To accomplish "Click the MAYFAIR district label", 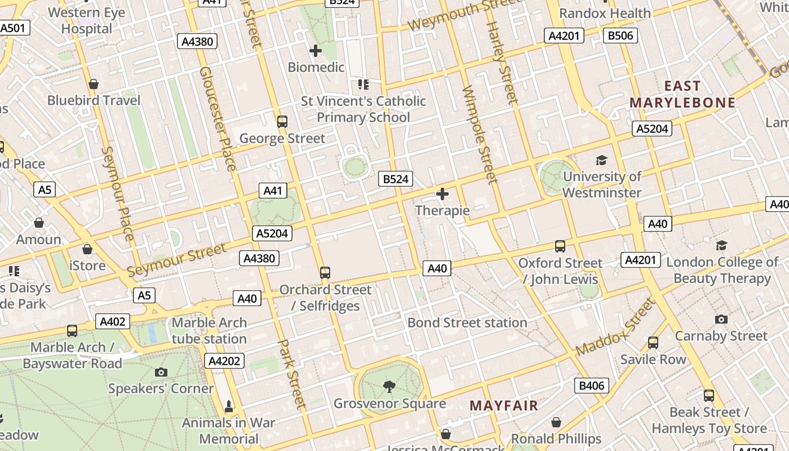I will click(504, 405).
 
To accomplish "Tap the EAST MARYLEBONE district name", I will click(682, 94).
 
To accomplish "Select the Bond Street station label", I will click(467, 322).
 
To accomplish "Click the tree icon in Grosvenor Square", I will click(389, 386).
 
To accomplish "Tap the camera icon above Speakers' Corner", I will click(161, 372).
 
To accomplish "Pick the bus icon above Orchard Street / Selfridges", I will click(325, 273).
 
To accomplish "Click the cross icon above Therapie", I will click(442, 194).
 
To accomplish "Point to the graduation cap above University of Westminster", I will click(602, 161).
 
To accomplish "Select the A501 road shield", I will click(14, 28).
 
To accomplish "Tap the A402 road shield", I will click(113, 321).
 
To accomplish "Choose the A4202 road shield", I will click(225, 361).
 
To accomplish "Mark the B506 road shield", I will click(620, 36).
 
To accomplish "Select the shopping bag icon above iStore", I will click(87, 249).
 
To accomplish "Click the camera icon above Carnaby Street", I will click(721, 320).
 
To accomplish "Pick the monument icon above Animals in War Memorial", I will click(229, 406).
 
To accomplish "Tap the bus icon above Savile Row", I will click(653, 343).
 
